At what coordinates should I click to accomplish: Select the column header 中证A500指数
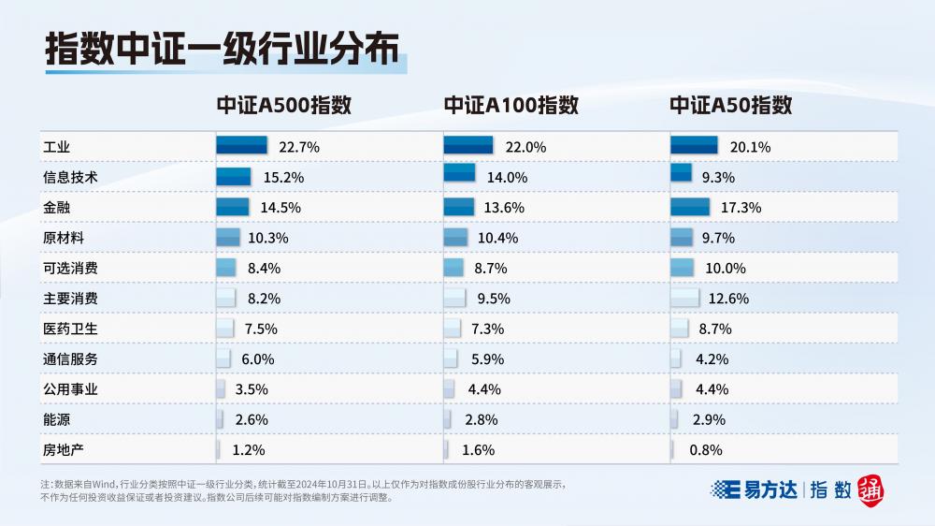click(283, 106)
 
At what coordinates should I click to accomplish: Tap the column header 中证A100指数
click(511, 106)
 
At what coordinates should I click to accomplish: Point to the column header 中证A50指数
click(730, 106)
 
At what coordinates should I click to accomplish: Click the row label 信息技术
click(70, 177)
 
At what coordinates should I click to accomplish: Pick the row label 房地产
click(64, 450)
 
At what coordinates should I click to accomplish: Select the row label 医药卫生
click(70, 329)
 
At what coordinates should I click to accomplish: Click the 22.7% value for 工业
click(299, 147)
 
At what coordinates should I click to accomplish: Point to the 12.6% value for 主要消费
click(728, 299)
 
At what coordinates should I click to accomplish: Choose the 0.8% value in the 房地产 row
click(705, 450)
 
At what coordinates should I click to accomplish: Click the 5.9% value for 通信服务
click(483, 359)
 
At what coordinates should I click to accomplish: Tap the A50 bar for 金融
click(690, 206)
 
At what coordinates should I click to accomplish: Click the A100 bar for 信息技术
click(459, 175)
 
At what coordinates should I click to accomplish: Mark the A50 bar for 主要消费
click(684, 297)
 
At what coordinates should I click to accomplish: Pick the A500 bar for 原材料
click(228, 236)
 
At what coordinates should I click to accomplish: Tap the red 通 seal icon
click(870, 489)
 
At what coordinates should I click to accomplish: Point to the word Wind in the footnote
click(107, 485)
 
